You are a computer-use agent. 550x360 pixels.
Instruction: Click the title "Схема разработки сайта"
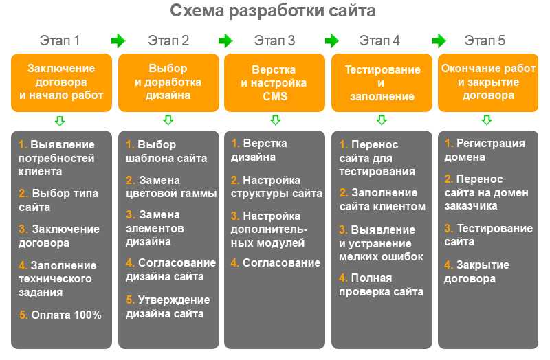pos(272,11)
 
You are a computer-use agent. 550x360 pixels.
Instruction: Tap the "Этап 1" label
pos(60,41)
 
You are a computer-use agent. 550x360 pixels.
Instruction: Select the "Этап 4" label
pos(379,41)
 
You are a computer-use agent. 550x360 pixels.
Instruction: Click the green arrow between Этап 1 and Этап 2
pos(118,41)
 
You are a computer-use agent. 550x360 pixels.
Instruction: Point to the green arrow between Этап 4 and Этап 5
pos(439,41)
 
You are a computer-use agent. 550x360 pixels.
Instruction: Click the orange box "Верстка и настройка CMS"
pos(274,82)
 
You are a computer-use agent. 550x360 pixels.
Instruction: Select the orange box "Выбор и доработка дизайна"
pos(168,82)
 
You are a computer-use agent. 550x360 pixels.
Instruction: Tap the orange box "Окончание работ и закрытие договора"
pos(488,82)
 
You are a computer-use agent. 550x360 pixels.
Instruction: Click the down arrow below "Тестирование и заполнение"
pos(382,120)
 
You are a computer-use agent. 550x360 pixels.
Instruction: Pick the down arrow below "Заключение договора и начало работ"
pos(60,121)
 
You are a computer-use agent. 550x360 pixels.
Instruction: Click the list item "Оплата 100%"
pos(60,315)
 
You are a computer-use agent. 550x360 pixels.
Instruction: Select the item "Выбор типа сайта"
pos(58,200)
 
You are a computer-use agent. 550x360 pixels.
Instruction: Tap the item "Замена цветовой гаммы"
pos(171,187)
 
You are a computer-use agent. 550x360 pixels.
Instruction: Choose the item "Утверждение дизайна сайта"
pos(168,306)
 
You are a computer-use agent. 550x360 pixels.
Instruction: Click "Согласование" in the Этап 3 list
pos(276,262)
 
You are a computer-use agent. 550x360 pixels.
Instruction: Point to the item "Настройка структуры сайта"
pos(276,187)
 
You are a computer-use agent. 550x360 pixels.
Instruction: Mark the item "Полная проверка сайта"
pos(382,284)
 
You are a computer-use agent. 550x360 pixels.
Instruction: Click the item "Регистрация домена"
pos(485,150)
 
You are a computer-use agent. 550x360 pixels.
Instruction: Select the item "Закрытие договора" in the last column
pos(476,271)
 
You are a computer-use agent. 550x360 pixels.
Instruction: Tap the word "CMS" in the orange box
pos(275,96)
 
